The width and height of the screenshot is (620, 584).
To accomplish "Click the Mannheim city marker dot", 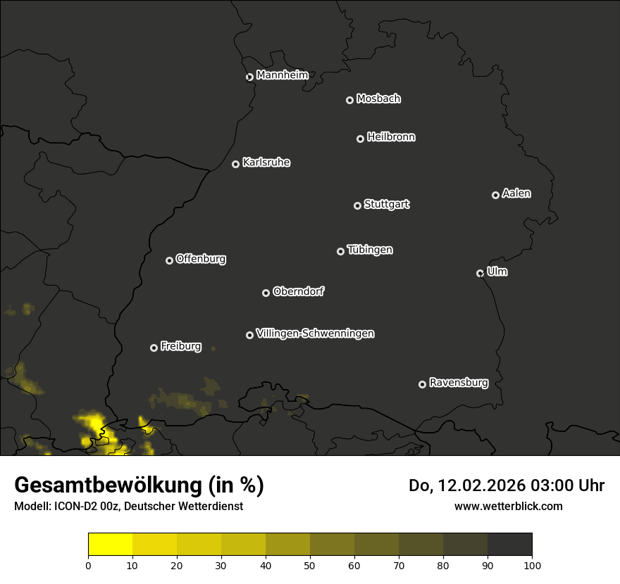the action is coord(249,77).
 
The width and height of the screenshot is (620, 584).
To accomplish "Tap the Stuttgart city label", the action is coord(386,204).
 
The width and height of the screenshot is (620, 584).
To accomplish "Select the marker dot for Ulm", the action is coord(480,273).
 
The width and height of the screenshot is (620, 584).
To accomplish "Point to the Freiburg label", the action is coord(180,346).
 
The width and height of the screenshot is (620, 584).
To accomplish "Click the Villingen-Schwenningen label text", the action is coord(315,334).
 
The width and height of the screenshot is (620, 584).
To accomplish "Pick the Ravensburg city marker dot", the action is coord(422,384).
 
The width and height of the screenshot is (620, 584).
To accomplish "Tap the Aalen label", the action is coord(516,193).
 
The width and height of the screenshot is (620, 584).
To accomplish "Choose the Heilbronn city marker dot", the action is coord(360,139).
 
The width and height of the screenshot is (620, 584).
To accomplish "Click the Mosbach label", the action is coord(378,99).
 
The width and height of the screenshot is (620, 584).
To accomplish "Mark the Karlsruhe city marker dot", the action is coord(235,164).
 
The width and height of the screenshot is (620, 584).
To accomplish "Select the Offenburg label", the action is coord(201,258).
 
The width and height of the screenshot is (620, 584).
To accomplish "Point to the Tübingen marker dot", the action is coord(340,251).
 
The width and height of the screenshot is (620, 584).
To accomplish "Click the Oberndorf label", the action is coord(298,291).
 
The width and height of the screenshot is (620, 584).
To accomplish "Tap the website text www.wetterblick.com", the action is coord(508,506).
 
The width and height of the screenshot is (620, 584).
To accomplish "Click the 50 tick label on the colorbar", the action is coord(310,564).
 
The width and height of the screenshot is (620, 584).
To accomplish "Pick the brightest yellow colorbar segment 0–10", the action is coord(111,545).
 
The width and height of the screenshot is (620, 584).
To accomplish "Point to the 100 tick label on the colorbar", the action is coord(532,564).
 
